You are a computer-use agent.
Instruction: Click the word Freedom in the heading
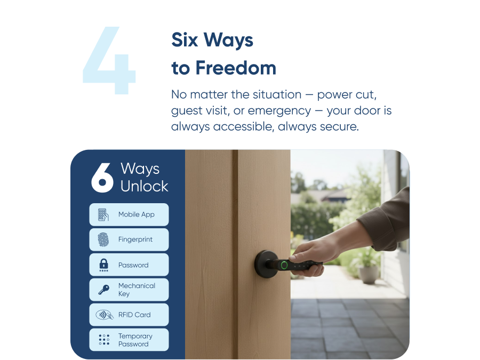(x=235, y=68)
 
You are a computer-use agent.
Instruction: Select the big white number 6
(x=102, y=178)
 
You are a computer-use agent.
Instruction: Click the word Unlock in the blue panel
(x=144, y=186)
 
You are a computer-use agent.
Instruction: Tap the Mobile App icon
(x=103, y=214)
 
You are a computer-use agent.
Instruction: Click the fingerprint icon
(x=103, y=239)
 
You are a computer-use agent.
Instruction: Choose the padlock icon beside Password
(x=103, y=265)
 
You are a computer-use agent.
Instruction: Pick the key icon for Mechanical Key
(x=103, y=290)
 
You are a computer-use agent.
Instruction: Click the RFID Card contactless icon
(x=104, y=315)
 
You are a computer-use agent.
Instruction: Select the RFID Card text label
(x=134, y=315)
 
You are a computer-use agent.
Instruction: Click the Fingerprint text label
(x=135, y=239)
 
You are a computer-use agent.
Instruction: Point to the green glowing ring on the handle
(x=285, y=265)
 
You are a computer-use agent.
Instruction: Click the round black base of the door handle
(x=265, y=262)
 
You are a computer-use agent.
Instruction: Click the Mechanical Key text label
(x=137, y=290)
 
